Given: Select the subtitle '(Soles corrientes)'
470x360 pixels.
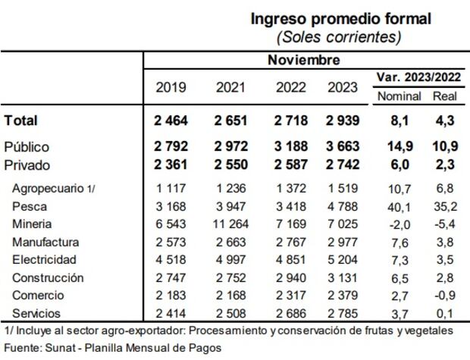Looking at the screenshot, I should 338,36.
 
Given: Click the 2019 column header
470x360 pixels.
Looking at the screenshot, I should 171,86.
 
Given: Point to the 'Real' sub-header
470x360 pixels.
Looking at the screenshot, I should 444,97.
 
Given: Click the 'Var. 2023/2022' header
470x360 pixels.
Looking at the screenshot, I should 418,77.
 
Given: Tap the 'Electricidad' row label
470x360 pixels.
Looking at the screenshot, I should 44,260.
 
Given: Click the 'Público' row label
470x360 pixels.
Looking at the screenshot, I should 27,147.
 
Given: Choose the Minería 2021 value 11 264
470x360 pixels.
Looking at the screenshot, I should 228,224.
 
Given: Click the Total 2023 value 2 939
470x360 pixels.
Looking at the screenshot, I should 343,121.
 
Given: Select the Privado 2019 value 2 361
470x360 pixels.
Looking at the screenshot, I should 171,164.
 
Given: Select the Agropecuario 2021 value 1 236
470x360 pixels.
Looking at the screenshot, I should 228,188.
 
